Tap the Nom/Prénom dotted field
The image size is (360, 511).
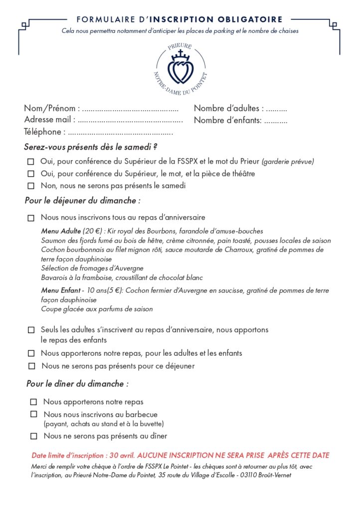click(130, 109)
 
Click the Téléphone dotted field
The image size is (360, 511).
click(120, 133)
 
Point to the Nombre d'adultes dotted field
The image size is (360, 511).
click(276, 109)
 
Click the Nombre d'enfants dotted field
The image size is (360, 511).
click(275, 121)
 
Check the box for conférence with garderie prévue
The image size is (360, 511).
click(31, 162)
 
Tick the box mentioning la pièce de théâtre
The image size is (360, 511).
click(31, 174)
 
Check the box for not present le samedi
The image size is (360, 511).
click(31, 186)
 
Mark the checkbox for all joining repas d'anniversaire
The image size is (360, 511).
click(31, 218)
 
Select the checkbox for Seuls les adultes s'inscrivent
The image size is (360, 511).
click(31, 330)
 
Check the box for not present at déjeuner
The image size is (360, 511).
click(32, 366)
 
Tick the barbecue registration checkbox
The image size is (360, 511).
click(34, 414)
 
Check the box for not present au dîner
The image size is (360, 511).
click(34, 436)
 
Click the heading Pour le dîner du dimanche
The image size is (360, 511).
click(77, 384)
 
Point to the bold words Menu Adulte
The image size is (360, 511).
click(61, 232)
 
